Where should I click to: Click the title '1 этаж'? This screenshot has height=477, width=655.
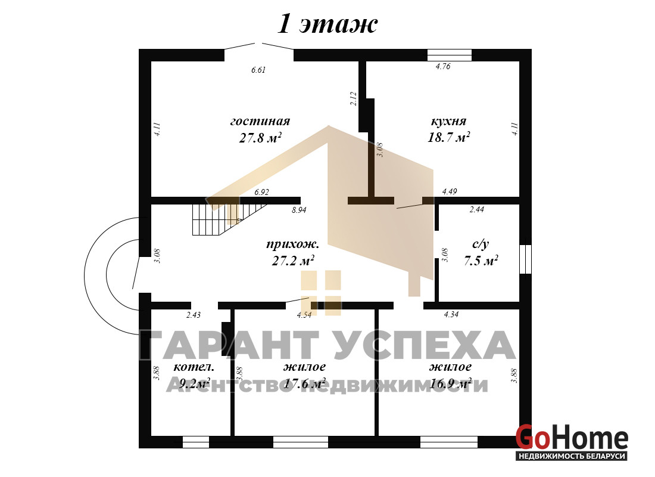(x=327, y=24)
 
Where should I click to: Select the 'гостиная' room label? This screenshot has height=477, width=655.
(x=260, y=122)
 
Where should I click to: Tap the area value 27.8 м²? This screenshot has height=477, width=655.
(x=260, y=137)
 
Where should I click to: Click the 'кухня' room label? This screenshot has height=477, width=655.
(x=448, y=122)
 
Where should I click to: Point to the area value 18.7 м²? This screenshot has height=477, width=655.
(x=448, y=137)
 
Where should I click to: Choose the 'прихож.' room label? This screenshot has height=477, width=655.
(x=293, y=244)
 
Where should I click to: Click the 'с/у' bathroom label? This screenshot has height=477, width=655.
(x=481, y=244)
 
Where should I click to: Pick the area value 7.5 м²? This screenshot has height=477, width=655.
(x=481, y=261)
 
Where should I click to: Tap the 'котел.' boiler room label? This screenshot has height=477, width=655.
(x=194, y=367)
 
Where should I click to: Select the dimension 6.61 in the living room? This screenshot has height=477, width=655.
(x=258, y=70)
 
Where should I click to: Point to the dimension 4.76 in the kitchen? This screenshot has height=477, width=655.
(x=443, y=66)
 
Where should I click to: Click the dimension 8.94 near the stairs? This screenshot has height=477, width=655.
(x=299, y=210)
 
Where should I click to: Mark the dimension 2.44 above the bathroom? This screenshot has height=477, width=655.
(x=476, y=209)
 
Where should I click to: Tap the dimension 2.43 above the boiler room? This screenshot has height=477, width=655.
(x=194, y=315)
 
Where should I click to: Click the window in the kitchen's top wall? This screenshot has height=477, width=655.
(x=450, y=55)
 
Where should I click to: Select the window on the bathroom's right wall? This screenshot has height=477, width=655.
(x=526, y=259)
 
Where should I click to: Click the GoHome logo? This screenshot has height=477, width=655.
(x=572, y=442)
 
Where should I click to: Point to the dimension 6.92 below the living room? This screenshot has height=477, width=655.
(x=261, y=193)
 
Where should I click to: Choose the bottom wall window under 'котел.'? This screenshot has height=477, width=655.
(x=196, y=442)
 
